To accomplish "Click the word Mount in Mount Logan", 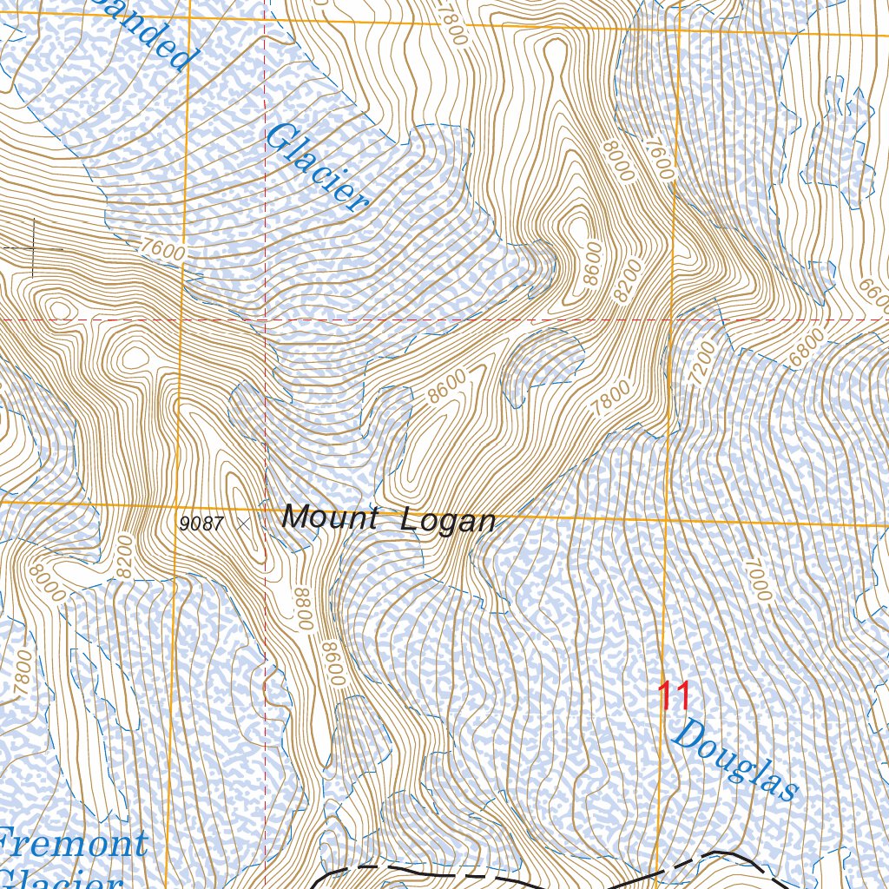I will (x=329, y=519).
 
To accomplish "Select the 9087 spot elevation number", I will (x=201, y=524).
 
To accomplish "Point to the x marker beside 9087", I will (x=242, y=524).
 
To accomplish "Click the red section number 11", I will (x=673, y=696).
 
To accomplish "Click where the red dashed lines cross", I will (x=265, y=319).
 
